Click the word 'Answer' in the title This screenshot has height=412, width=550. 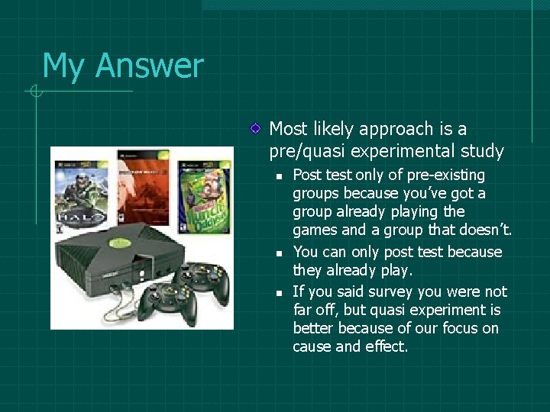tap(149, 66)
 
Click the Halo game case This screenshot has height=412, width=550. tap(83, 192)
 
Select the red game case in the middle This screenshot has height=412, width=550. tap(142, 191)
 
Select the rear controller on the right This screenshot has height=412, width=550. tap(202, 278)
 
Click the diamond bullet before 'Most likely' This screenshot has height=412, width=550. tap(259, 130)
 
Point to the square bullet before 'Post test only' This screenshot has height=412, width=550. tap(280, 176)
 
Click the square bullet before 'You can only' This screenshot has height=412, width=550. tap(280, 253)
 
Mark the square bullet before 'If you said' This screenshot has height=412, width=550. tap(280, 292)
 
